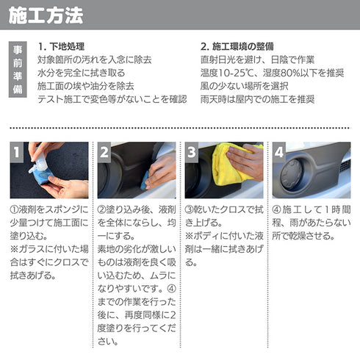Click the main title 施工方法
(46, 15)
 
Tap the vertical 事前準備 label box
(18, 70)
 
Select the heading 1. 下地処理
(61, 46)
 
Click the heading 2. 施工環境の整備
(237, 46)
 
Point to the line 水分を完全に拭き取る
(82, 73)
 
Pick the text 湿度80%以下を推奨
(303, 73)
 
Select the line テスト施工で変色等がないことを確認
(112, 99)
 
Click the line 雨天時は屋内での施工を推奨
(257, 99)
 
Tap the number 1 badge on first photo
(17, 152)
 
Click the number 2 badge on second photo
(104, 152)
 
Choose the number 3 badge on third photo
(192, 152)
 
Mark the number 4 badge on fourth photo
(279, 152)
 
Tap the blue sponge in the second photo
(145, 181)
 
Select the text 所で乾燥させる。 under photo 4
(303, 236)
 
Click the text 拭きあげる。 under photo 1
(33, 276)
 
